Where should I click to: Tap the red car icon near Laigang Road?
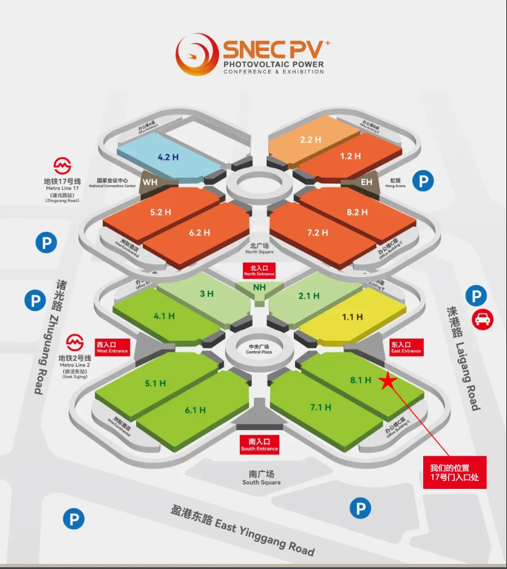(x=483, y=319)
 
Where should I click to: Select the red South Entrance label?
(x=259, y=445)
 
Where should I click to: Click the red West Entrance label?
(x=112, y=347)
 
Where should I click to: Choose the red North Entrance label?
(x=259, y=271)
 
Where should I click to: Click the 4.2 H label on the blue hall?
(x=168, y=157)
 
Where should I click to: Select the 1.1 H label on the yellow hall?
(x=352, y=317)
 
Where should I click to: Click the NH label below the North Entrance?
(x=259, y=287)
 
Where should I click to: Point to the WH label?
(x=150, y=181)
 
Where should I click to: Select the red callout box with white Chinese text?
(x=455, y=473)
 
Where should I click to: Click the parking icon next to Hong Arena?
(x=423, y=181)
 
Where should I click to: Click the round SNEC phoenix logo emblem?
(x=197, y=54)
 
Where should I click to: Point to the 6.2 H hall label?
(x=199, y=232)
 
